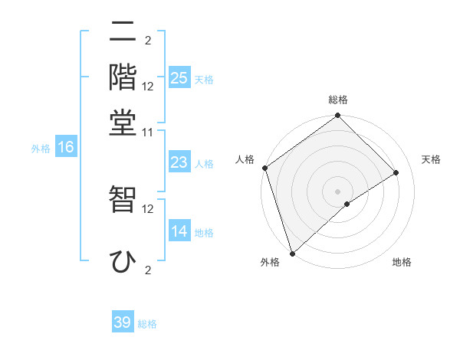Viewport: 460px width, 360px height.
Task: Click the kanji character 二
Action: [123, 33]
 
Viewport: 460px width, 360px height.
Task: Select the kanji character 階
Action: [123, 77]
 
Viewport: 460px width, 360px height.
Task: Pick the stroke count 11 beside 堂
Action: [148, 132]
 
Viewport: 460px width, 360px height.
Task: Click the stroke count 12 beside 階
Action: [148, 87]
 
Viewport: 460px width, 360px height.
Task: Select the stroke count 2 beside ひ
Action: [148, 270]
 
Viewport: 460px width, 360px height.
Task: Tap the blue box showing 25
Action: [179, 77]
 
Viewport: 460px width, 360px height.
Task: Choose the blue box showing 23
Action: [179, 162]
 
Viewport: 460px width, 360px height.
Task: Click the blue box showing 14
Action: [179, 231]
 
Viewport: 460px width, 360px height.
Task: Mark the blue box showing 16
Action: [66, 148]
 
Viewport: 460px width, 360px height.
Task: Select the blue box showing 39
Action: [123, 322]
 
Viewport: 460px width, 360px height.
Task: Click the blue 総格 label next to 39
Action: [147, 324]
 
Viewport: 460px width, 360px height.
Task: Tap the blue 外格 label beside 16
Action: [41, 149]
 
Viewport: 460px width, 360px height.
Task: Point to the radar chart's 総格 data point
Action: [337, 116]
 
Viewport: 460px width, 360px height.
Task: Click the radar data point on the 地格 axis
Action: [347, 204]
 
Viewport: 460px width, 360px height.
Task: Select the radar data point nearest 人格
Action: [265, 168]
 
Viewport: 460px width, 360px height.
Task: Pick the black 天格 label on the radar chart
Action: [432, 159]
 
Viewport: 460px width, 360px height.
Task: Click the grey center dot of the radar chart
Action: [337, 191]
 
